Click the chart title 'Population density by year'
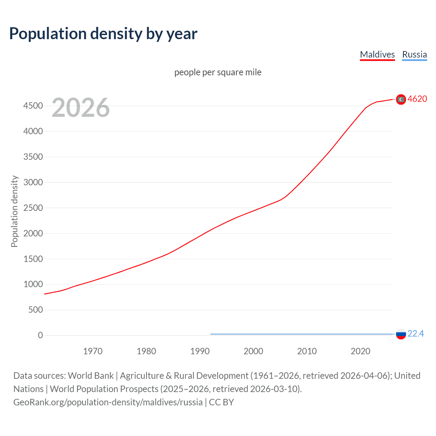[x=103, y=34]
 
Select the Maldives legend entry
[x=377, y=54]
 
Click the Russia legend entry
[x=414, y=54]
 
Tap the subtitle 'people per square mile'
[x=218, y=72]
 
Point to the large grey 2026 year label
[x=81, y=108]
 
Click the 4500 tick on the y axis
[x=33, y=106]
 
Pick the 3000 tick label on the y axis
[x=33, y=182]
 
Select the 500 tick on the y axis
[x=35, y=310]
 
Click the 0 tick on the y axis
[x=40, y=335]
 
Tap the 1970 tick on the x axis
[x=93, y=351]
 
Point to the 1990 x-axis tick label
[x=200, y=351]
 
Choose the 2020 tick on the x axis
[x=360, y=351]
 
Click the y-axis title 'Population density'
[x=14, y=211]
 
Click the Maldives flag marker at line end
[x=401, y=99]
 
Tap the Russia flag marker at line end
[x=401, y=334]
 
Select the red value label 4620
[x=417, y=99]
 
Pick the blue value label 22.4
[x=416, y=333]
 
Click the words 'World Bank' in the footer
[x=91, y=375]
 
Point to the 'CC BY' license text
[x=221, y=402]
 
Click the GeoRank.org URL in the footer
[x=108, y=402]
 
